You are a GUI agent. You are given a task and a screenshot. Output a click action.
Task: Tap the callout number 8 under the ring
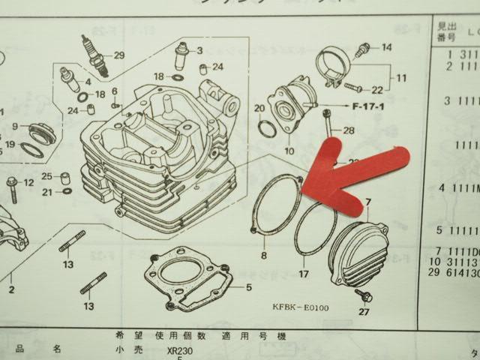264,255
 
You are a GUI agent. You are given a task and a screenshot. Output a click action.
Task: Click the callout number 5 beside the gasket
250,287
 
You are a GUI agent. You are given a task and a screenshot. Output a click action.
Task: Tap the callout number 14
386,47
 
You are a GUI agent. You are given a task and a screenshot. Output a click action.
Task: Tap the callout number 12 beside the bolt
28,182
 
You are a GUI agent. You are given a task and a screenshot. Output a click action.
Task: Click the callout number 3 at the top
199,50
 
